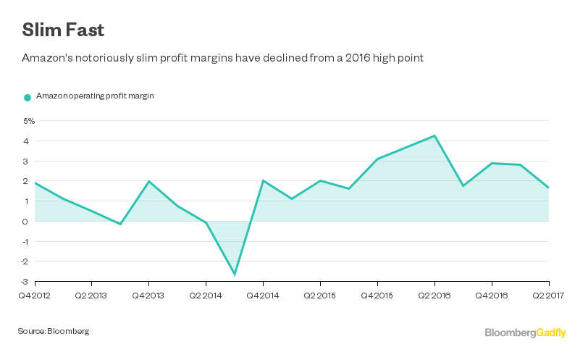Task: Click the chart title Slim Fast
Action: click(62, 30)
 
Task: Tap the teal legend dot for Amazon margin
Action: click(28, 97)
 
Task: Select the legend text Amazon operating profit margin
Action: click(95, 96)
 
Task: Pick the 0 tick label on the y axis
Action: click(25, 221)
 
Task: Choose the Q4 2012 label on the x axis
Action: click(34, 295)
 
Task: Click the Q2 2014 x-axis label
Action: click(206, 295)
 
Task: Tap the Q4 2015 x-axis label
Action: click(377, 295)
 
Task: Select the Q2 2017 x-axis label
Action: click(548, 295)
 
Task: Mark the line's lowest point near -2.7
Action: click(235, 275)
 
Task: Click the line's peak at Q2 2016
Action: click(434, 135)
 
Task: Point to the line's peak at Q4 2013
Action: click(148, 181)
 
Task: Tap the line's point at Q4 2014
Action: click(263, 180)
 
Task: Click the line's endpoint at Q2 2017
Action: click(548, 188)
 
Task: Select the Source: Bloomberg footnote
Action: click(54, 331)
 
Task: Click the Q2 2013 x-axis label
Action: click(91, 295)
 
